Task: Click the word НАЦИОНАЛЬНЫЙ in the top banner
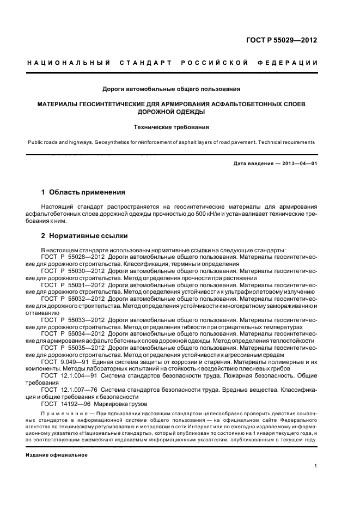[68, 63]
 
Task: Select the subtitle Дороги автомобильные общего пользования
[172, 88]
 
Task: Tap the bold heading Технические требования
[172, 127]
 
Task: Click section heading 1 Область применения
[83, 192]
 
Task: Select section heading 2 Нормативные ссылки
[84, 236]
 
